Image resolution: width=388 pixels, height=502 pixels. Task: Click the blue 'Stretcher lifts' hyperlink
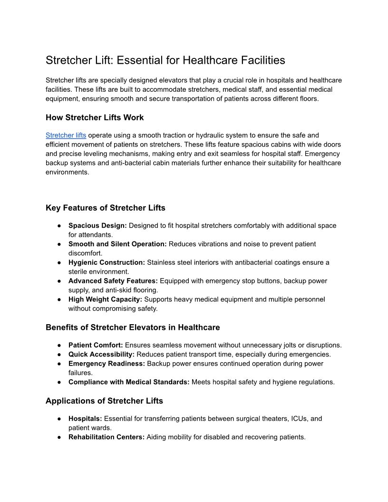[x=66, y=135]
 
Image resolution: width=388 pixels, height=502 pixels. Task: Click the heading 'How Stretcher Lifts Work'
[x=95, y=117]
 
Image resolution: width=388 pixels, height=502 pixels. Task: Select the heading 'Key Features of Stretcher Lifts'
[x=106, y=208]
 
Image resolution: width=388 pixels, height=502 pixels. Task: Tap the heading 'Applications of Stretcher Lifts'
[x=104, y=401]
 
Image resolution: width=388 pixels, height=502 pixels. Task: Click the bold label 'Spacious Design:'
[x=97, y=225]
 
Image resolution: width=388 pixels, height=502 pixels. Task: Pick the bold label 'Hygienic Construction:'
[x=107, y=262]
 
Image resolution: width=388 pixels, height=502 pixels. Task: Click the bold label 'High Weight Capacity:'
[x=105, y=299]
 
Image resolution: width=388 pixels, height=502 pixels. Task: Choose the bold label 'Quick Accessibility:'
[x=101, y=354]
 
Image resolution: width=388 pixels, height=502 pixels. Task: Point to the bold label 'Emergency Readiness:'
[x=107, y=364]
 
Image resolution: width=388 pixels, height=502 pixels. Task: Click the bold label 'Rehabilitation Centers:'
[x=107, y=437]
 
